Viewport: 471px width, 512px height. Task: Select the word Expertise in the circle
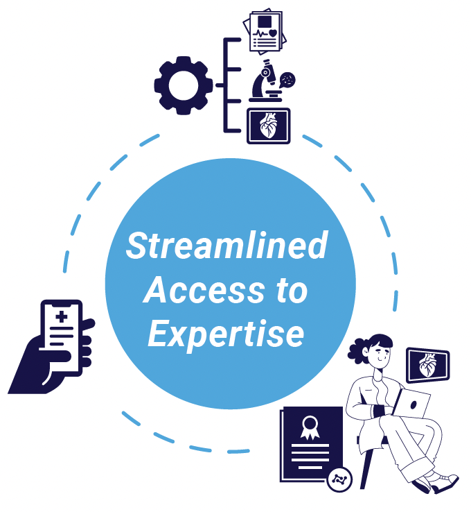pyautogui.click(x=226, y=334)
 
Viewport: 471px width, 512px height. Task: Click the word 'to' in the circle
pyautogui.click(x=290, y=290)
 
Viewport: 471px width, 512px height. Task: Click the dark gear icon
pyautogui.click(x=184, y=85)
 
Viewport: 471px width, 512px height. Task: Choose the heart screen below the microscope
pyautogui.click(x=269, y=126)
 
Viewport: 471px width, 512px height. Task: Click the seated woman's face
pyautogui.click(x=380, y=355)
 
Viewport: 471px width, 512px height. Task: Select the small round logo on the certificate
pyautogui.click(x=340, y=478)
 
